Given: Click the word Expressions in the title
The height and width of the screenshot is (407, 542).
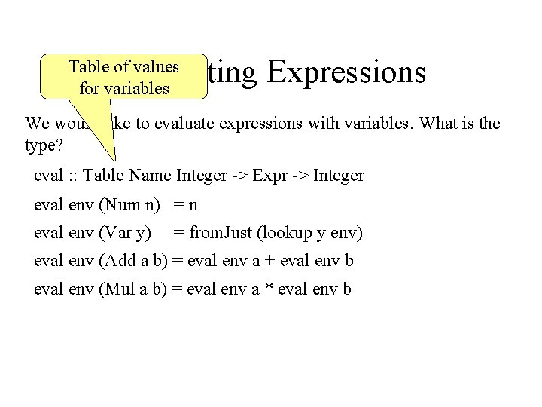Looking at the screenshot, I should [x=346, y=73].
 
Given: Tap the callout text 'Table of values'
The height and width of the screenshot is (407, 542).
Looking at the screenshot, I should [x=123, y=66].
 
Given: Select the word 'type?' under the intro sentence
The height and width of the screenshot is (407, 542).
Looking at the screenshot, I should [x=42, y=143].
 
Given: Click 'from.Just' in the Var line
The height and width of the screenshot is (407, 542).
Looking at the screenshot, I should [x=221, y=234].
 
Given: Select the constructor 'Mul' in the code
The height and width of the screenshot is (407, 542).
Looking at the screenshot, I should [x=119, y=289].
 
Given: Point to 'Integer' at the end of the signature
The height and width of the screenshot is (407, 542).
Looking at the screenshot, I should [x=339, y=176].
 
